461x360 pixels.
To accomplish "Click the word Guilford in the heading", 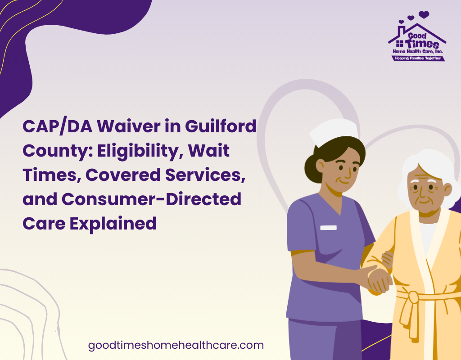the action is click(221, 126).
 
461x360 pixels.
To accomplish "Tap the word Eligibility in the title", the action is click(138, 151).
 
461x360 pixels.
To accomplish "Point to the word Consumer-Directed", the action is click(151, 199).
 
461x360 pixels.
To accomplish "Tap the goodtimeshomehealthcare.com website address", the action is click(176, 345).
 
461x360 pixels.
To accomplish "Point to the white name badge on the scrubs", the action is click(328, 228).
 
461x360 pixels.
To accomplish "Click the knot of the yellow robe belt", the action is click(413, 297).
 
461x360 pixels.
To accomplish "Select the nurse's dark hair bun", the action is click(311, 169).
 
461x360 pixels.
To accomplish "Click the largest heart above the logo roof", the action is click(424, 14).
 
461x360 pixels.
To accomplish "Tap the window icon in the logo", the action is click(400, 44).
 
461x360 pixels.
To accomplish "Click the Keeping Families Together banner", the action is click(418, 58).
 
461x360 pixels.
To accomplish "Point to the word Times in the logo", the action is click(422, 44).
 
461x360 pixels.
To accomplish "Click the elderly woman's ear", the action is click(447, 189).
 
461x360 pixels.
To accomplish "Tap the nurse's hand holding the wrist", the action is click(379, 281).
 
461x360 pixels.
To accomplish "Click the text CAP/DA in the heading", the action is click(58, 127).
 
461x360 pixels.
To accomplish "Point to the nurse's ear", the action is click(320, 166).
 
